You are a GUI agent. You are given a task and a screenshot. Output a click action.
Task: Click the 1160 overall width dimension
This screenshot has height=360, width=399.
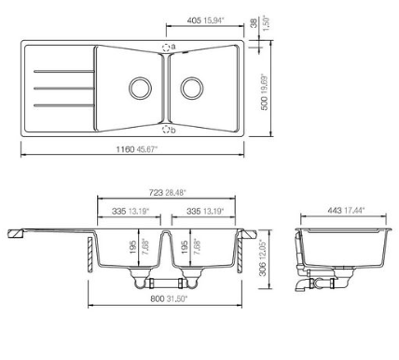(x=126, y=149)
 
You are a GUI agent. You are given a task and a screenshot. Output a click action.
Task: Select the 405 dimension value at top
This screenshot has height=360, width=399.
(x=194, y=21)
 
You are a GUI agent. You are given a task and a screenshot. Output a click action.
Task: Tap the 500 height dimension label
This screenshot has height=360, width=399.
(x=264, y=103)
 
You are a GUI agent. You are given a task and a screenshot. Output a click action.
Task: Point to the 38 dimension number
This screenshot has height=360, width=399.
(x=255, y=23)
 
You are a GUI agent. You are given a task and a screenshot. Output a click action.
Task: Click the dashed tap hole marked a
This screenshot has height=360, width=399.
(x=166, y=48)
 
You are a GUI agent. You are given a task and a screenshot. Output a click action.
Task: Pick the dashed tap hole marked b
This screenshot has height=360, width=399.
(x=166, y=130)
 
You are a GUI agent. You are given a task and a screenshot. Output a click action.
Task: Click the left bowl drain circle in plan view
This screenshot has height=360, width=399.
(x=140, y=89)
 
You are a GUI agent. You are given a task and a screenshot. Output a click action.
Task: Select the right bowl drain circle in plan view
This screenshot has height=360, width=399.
(x=192, y=89)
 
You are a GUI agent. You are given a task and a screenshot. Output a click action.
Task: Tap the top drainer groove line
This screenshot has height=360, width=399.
(x=63, y=72)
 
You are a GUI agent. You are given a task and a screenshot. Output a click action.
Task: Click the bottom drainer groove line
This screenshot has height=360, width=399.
(x=63, y=105)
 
